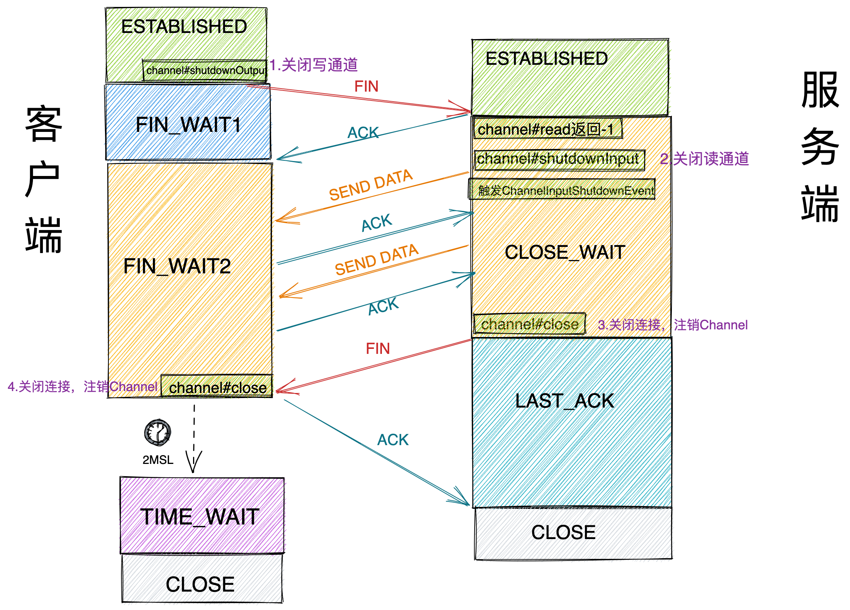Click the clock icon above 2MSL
point(157,432)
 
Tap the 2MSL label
point(158,459)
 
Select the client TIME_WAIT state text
point(200,516)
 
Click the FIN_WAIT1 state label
point(188,125)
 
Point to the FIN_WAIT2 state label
point(177,266)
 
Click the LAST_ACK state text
point(564,401)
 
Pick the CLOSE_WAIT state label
point(565,252)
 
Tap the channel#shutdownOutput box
point(205,71)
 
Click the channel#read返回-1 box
point(547,129)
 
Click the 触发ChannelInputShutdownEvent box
point(562,190)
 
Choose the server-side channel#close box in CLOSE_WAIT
point(529,324)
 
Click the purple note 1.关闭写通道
point(313,65)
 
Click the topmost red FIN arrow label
point(366,86)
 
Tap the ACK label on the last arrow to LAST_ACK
point(393,440)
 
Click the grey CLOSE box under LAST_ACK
point(563,533)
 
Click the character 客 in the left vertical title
point(44,123)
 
